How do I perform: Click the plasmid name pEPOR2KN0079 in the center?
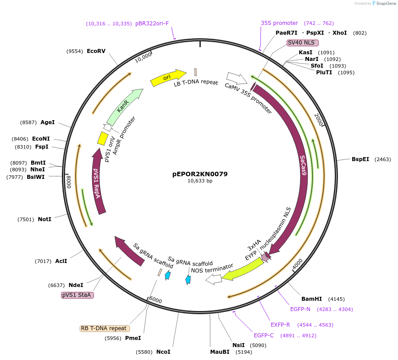tap(200, 174)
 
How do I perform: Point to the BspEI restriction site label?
tap(360, 159)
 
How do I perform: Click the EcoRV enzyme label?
tap(96, 51)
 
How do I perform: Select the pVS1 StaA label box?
tap(77, 295)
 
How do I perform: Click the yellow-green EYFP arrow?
tap(242, 271)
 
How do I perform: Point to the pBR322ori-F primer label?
tap(152, 24)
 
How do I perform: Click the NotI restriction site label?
tap(45, 219)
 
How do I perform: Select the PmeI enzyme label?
tap(133, 338)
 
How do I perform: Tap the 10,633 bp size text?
tap(200, 181)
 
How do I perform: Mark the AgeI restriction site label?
tap(48, 122)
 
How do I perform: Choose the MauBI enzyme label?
tap(219, 352)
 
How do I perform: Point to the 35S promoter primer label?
tap(279, 23)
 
